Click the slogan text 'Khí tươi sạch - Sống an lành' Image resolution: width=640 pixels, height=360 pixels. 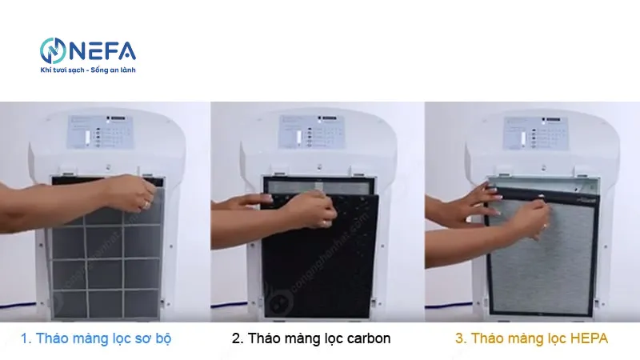89,71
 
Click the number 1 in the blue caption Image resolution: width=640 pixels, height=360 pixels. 24,338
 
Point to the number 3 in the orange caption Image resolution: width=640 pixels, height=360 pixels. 458,338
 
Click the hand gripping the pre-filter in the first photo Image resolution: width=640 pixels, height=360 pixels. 132,196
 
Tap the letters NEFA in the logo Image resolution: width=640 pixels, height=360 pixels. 104,51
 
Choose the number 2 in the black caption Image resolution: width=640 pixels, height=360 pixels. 237,338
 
